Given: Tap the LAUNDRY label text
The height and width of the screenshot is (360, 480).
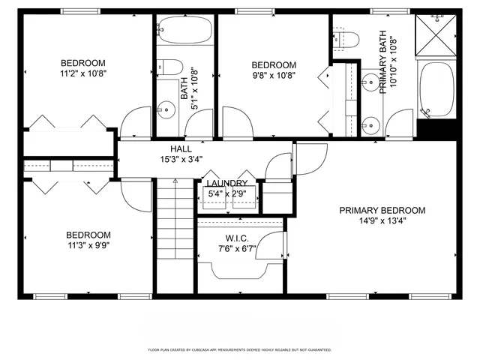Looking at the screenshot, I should pos(226,184).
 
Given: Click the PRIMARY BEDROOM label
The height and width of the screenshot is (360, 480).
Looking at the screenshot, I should pos(382,211).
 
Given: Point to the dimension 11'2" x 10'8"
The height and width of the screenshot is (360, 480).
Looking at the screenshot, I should pos(82,74).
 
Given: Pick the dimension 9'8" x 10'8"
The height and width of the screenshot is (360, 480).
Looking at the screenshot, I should pos(273,75).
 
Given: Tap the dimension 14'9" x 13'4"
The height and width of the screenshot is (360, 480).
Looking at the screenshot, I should pos(382,221).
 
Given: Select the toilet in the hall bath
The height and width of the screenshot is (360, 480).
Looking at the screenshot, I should pos(168,66).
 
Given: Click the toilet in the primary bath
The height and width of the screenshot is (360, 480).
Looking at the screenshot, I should pos(341,39).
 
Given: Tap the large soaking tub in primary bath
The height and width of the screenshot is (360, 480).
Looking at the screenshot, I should pos(435,91).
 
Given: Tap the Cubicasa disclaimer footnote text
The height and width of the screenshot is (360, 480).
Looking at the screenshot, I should pos(239,349).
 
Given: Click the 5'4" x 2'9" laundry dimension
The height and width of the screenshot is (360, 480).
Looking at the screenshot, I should pos(226,194).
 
